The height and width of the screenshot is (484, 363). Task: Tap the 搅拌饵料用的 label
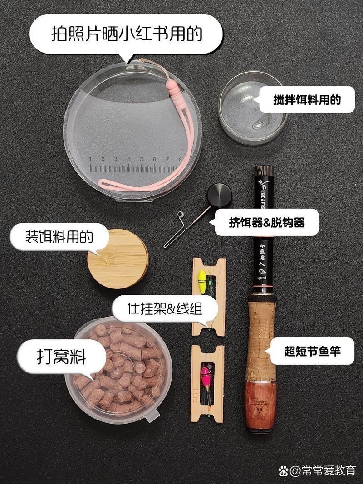click(x=307, y=99)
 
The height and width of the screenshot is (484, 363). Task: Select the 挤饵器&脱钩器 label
click(x=266, y=222)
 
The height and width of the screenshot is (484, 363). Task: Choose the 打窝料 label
click(x=61, y=356)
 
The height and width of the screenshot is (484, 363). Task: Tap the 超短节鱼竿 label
click(x=312, y=351)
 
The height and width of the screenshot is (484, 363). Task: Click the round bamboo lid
click(x=118, y=259)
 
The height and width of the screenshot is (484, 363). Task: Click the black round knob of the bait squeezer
click(x=220, y=195)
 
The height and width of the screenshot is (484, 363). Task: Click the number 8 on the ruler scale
click(x=181, y=159)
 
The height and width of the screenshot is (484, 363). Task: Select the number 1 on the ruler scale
click(x=91, y=159)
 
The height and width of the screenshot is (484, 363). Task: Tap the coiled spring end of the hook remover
click(x=180, y=215)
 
